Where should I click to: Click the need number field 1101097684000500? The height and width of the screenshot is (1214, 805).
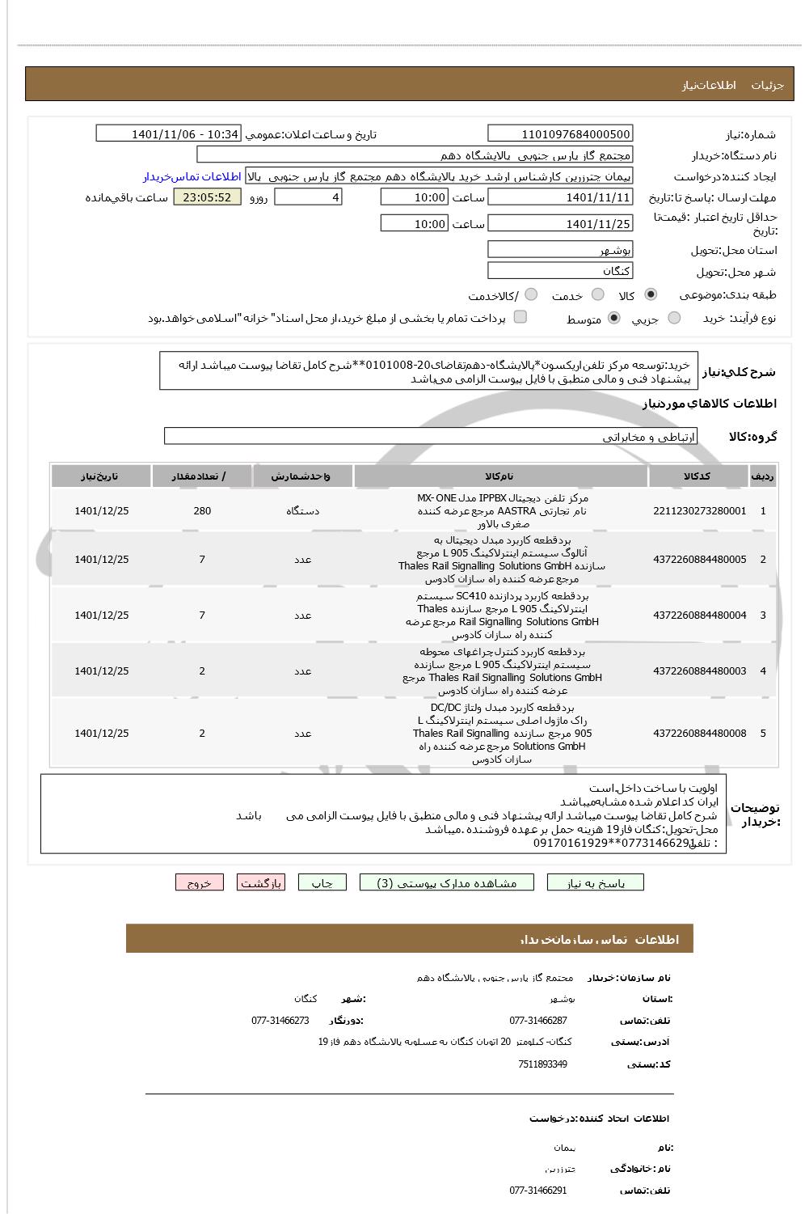[x=560, y=134]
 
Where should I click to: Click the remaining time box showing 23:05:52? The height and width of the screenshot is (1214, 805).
[x=207, y=197]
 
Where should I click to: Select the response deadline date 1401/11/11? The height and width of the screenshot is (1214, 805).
[x=560, y=197]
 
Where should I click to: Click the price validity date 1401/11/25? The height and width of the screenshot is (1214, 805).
[x=560, y=224]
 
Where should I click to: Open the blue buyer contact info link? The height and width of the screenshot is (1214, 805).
[x=192, y=176]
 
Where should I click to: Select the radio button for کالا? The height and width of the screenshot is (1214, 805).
[x=651, y=295]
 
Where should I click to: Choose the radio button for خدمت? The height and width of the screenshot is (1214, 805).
[x=597, y=295]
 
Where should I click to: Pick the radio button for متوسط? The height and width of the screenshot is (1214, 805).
[x=614, y=319]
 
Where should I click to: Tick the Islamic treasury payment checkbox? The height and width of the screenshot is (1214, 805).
[x=521, y=317]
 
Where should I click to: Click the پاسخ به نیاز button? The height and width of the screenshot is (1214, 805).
[x=596, y=882]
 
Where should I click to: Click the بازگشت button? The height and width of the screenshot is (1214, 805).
[x=260, y=882]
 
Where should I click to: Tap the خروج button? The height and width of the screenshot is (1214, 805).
[x=199, y=882]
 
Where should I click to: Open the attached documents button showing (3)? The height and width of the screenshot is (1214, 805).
[x=447, y=882]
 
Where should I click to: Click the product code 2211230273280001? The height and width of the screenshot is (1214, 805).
[x=699, y=511]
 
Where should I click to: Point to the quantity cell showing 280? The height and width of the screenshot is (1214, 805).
[x=202, y=511]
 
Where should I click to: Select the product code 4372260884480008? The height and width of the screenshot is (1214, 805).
[x=699, y=734]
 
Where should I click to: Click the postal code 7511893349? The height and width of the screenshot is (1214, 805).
[x=542, y=1064]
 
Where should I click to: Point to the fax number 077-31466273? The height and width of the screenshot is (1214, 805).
[x=280, y=1021]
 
